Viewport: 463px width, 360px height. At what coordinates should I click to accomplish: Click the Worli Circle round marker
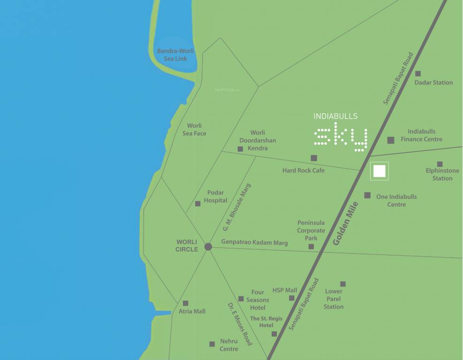[208, 247]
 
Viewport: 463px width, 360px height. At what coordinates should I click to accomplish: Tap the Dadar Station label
[433, 82]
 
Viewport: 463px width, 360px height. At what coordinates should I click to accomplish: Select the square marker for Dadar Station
[417, 74]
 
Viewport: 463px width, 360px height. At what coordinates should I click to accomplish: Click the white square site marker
[380, 171]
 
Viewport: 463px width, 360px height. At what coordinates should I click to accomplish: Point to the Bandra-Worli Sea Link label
[175, 55]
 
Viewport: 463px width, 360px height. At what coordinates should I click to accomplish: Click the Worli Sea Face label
[194, 129]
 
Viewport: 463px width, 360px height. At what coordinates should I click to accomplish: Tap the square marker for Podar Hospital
[197, 203]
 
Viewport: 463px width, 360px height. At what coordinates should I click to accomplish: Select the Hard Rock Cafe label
[304, 170]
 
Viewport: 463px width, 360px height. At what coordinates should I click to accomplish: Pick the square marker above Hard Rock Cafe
[314, 158]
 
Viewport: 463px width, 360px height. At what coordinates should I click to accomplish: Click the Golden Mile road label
[346, 224]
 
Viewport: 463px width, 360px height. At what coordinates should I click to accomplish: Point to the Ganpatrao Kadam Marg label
[254, 243]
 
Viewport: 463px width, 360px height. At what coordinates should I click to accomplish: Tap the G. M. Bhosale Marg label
[237, 208]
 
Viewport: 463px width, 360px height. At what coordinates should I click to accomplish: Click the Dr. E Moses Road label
[240, 324]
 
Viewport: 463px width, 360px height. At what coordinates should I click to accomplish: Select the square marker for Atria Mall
[185, 303]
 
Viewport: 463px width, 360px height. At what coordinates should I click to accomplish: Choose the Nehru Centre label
[229, 345]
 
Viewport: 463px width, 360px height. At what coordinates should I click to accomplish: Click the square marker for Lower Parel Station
[343, 284]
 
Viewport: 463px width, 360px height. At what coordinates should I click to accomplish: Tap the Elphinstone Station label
[442, 174]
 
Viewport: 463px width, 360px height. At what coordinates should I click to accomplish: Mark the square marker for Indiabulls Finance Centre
[390, 140]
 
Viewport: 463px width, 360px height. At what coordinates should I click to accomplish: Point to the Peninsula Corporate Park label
[311, 230]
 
